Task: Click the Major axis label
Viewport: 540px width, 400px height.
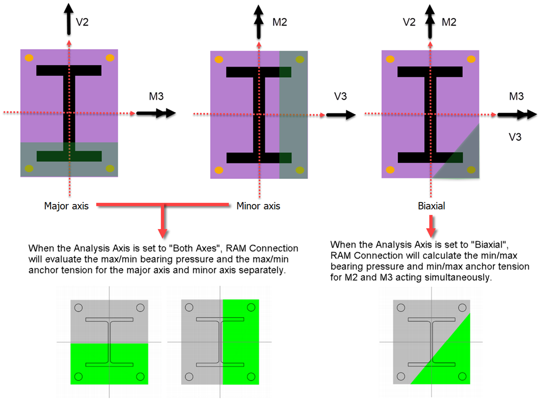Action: (x=66, y=206)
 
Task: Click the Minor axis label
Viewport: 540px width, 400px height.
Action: (x=258, y=206)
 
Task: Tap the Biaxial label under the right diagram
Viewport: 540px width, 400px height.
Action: (x=431, y=206)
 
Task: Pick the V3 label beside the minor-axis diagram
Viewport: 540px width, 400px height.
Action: (x=342, y=96)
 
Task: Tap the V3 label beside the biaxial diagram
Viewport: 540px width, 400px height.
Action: (x=516, y=136)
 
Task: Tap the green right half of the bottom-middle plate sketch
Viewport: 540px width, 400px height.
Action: (x=240, y=341)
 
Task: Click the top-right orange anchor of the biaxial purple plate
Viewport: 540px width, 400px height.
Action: (x=472, y=59)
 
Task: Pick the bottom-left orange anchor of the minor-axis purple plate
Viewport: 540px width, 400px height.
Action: (x=219, y=170)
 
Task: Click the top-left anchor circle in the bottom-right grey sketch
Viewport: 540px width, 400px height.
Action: (x=401, y=307)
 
